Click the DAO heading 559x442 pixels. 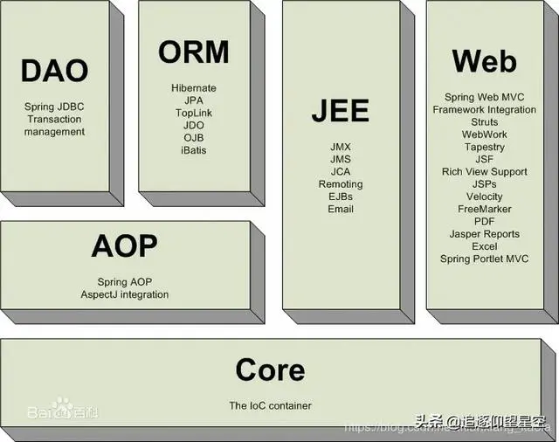click(54, 71)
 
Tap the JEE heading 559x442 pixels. click(340, 111)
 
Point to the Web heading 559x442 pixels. click(484, 61)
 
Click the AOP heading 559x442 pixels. click(124, 246)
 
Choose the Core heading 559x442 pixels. click(270, 369)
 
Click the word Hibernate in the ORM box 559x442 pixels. click(194, 88)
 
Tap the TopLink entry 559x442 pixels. click(193, 114)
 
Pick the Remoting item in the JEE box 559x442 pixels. click(341, 184)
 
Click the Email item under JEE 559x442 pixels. click(341, 210)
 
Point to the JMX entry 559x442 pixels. click(341, 147)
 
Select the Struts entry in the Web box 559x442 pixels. click(484, 122)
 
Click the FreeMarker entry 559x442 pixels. click(484, 210)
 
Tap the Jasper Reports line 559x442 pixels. click(484, 234)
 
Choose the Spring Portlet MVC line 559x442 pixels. click(484, 259)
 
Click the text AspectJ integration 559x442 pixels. click(125, 295)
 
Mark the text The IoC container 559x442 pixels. click(270, 405)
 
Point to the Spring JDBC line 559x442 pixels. click(54, 107)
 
